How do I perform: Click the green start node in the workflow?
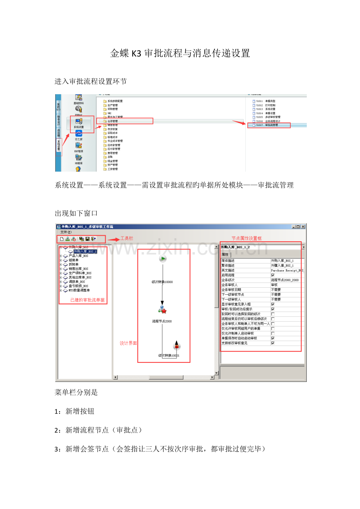[163, 258]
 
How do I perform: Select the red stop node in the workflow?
[176, 346]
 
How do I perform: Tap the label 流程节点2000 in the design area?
[162, 321]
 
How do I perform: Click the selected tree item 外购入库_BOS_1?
[85, 251]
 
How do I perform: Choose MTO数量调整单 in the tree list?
[79, 290]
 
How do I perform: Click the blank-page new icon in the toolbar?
[62, 239]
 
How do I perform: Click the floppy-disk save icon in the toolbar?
[87, 239]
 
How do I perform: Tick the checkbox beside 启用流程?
[273, 275]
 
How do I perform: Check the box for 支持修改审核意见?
[273, 343]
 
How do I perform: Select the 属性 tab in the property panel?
[225, 254]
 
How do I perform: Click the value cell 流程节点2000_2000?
[285, 280]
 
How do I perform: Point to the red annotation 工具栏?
[126, 238]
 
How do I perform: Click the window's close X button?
[303, 227]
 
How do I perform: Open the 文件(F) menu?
[66, 232]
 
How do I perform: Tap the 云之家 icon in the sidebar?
[79, 134]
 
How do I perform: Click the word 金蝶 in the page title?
[119, 54]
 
